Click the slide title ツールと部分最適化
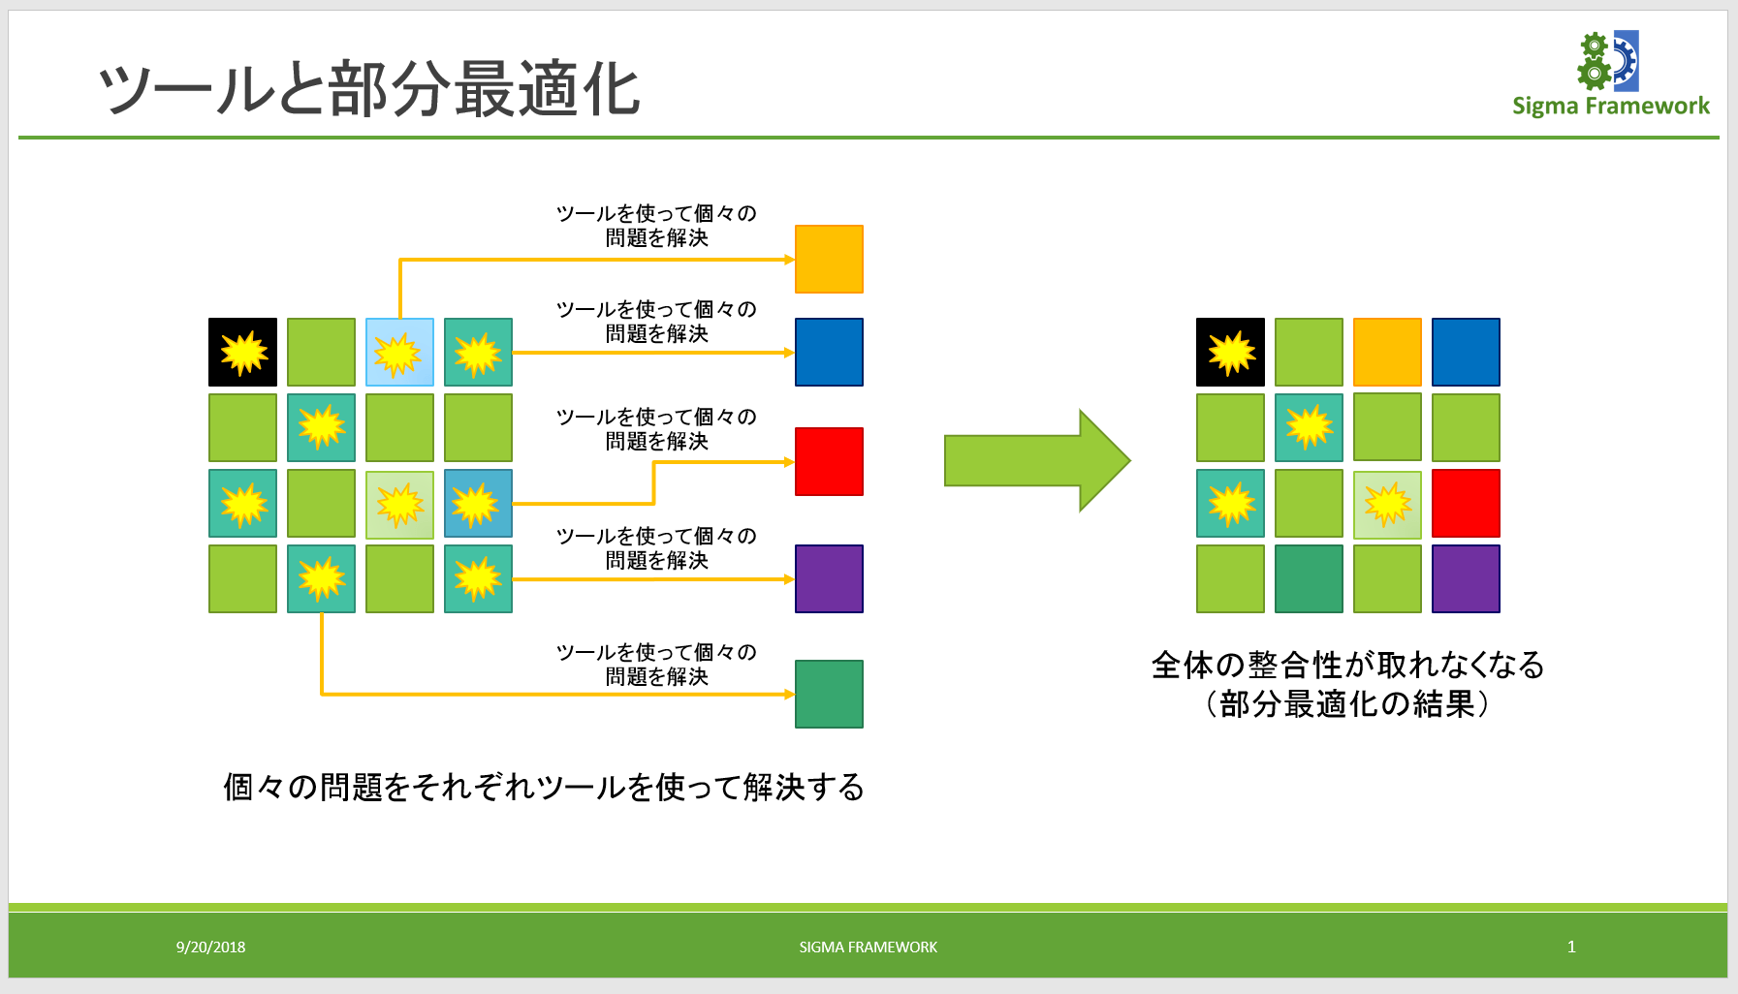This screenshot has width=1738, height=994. point(368,89)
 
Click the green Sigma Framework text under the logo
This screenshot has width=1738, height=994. point(1610,106)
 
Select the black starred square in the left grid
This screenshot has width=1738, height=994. point(242,352)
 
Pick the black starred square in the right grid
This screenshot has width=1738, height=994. point(1230,352)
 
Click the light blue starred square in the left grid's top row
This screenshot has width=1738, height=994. point(399,352)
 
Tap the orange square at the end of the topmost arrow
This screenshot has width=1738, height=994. point(829,259)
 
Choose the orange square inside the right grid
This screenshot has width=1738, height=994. point(1387,352)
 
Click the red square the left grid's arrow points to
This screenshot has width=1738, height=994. point(829,461)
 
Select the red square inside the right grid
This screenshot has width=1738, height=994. point(1466,503)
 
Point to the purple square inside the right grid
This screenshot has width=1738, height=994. point(1466,578)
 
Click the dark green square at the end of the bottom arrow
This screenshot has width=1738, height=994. point(829,694)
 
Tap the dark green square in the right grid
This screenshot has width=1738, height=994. point(1309,578)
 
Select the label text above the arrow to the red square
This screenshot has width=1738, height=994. point(656,428)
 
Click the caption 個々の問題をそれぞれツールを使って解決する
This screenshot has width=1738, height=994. point(543,787)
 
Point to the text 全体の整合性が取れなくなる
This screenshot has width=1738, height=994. point(1347,665)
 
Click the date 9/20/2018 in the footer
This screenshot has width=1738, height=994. point(210,947)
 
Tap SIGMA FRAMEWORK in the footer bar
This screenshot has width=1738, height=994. point(868,947)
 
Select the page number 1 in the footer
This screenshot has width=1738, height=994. point(1571,947)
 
